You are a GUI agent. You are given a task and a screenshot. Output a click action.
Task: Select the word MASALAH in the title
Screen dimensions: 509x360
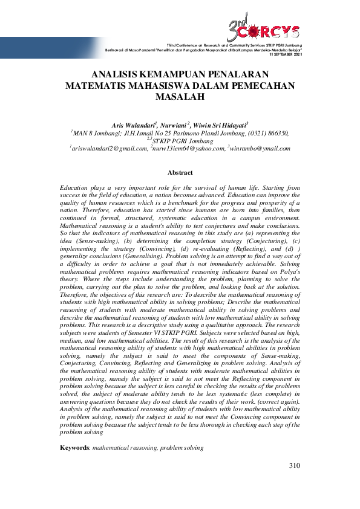click(180, 96)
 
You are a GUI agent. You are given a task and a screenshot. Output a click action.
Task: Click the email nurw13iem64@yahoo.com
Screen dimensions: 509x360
click(188, 148)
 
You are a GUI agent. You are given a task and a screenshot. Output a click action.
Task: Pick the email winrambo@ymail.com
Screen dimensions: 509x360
click(260, 148)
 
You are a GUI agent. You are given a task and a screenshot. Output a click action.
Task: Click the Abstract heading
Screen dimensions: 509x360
click(180, 172)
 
